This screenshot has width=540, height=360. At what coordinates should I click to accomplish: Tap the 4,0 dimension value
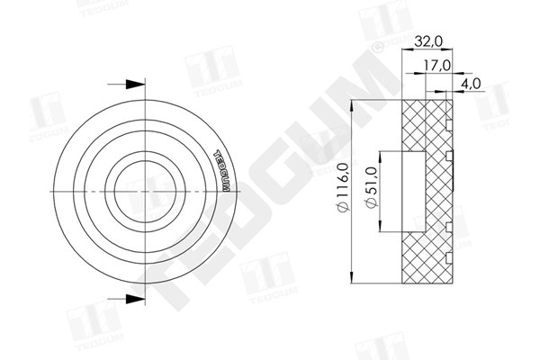(472, 84)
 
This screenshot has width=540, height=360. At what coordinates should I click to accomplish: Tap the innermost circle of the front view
(148, 191)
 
